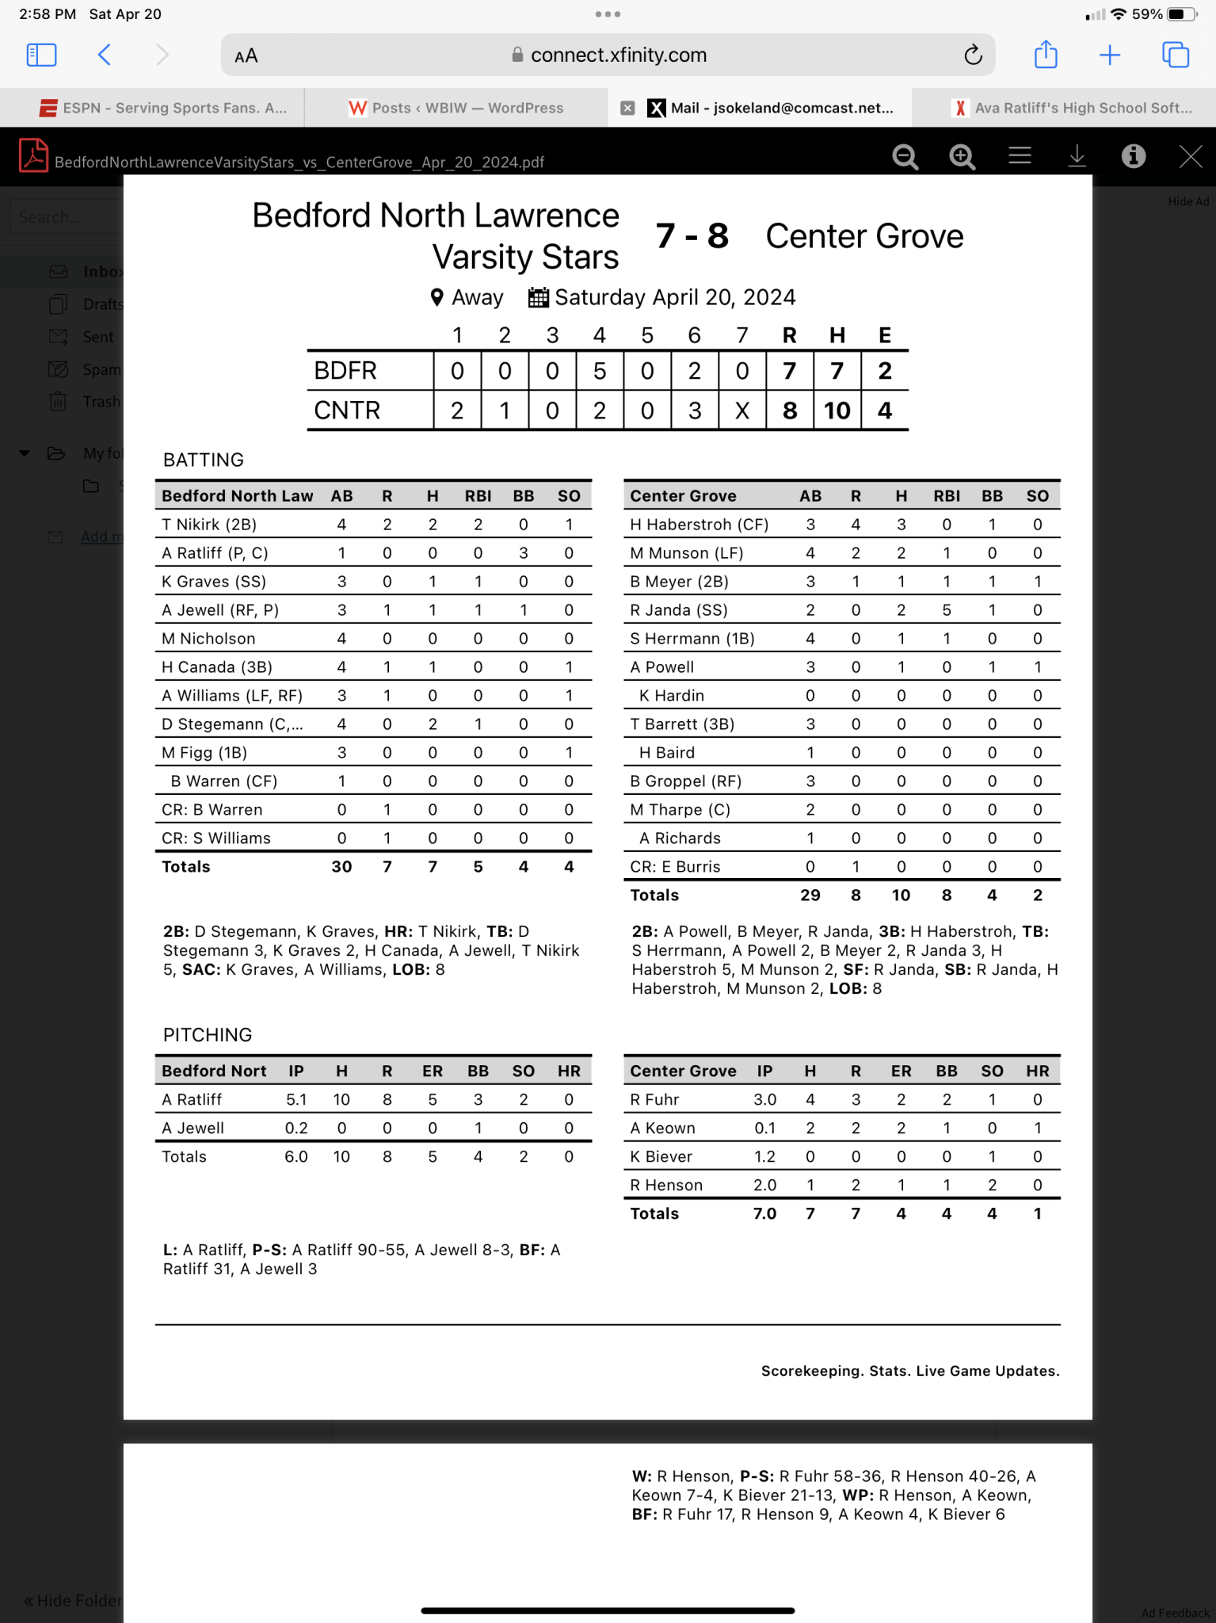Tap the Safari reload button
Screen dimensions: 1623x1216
973,55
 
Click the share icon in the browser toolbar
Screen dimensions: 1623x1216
1046,55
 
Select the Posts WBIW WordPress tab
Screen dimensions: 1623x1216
456,108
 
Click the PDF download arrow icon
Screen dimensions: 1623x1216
1077,156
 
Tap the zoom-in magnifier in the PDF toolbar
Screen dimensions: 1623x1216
962,156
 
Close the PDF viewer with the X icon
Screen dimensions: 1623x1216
1190,156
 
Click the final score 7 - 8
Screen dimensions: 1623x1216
692,236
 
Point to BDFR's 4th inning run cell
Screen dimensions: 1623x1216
600,371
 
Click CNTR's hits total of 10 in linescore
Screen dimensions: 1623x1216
837,411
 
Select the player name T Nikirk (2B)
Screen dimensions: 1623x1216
209,525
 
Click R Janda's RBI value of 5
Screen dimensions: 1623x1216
947,610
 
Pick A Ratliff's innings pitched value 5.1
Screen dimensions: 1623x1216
296,1100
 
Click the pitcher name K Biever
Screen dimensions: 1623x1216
661,1157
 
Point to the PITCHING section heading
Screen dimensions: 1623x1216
208,1035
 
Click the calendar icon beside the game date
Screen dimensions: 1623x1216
539,298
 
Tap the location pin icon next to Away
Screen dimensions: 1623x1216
436,298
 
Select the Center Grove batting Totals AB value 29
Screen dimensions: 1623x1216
810,896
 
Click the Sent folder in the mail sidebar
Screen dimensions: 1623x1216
98,338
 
